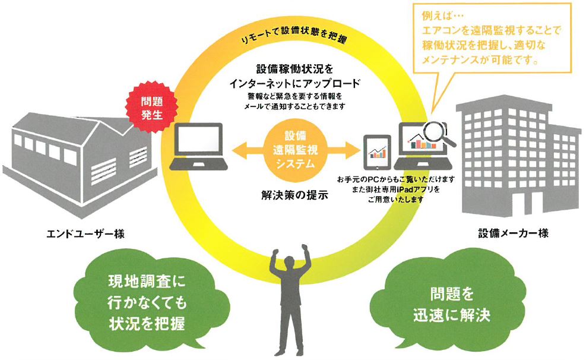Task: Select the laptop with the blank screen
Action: pyautogui.click(x=197, y=145)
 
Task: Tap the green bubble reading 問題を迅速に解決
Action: pyautogui.click(x=452, y=304)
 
